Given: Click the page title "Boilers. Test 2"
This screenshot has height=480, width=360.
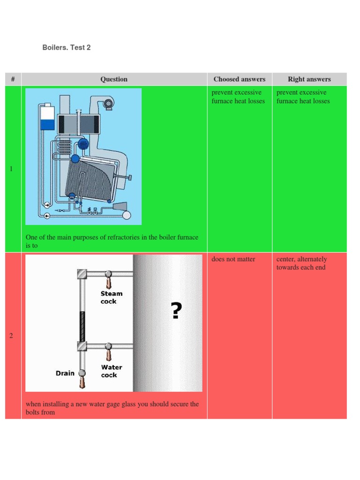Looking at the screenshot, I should [67, 48].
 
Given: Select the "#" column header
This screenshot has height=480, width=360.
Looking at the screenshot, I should [13, 79].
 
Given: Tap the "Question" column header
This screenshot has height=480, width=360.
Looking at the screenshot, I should [114, 79].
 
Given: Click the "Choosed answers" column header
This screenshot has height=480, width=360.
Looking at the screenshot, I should [239, 79].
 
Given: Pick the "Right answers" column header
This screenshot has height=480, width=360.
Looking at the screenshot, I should [309, 79].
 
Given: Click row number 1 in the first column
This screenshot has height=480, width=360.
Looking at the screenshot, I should [11, 169].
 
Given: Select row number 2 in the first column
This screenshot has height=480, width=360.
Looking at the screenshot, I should [11, 336].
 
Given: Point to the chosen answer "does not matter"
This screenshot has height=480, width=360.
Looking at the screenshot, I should [233, 259].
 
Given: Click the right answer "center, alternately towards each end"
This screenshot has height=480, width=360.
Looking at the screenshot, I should [301, 263].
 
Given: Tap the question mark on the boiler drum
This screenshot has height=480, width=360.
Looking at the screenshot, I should [175, 311].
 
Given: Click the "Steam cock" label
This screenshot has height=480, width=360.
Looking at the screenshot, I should [112, 297].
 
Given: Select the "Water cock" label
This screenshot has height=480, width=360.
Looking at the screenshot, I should [112, 371].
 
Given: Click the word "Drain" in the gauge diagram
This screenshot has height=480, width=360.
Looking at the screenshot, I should [65, 373].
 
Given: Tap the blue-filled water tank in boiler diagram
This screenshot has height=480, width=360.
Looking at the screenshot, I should [47, 124].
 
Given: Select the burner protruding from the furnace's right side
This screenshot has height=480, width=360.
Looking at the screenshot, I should [127, 177].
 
